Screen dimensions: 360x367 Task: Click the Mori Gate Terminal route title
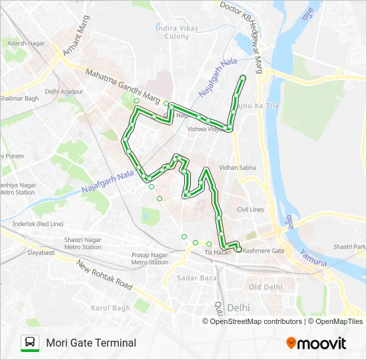point(91,343)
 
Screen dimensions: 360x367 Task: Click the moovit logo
point(316,343)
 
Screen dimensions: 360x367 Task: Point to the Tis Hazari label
point(218,252)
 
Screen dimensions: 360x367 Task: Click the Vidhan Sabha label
point(238,168)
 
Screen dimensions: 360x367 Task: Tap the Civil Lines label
point(250,209)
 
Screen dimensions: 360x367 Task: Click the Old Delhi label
point(265,287)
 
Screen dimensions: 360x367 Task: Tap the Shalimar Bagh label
point(19,98)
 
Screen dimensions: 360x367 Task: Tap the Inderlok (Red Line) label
point(37,223)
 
